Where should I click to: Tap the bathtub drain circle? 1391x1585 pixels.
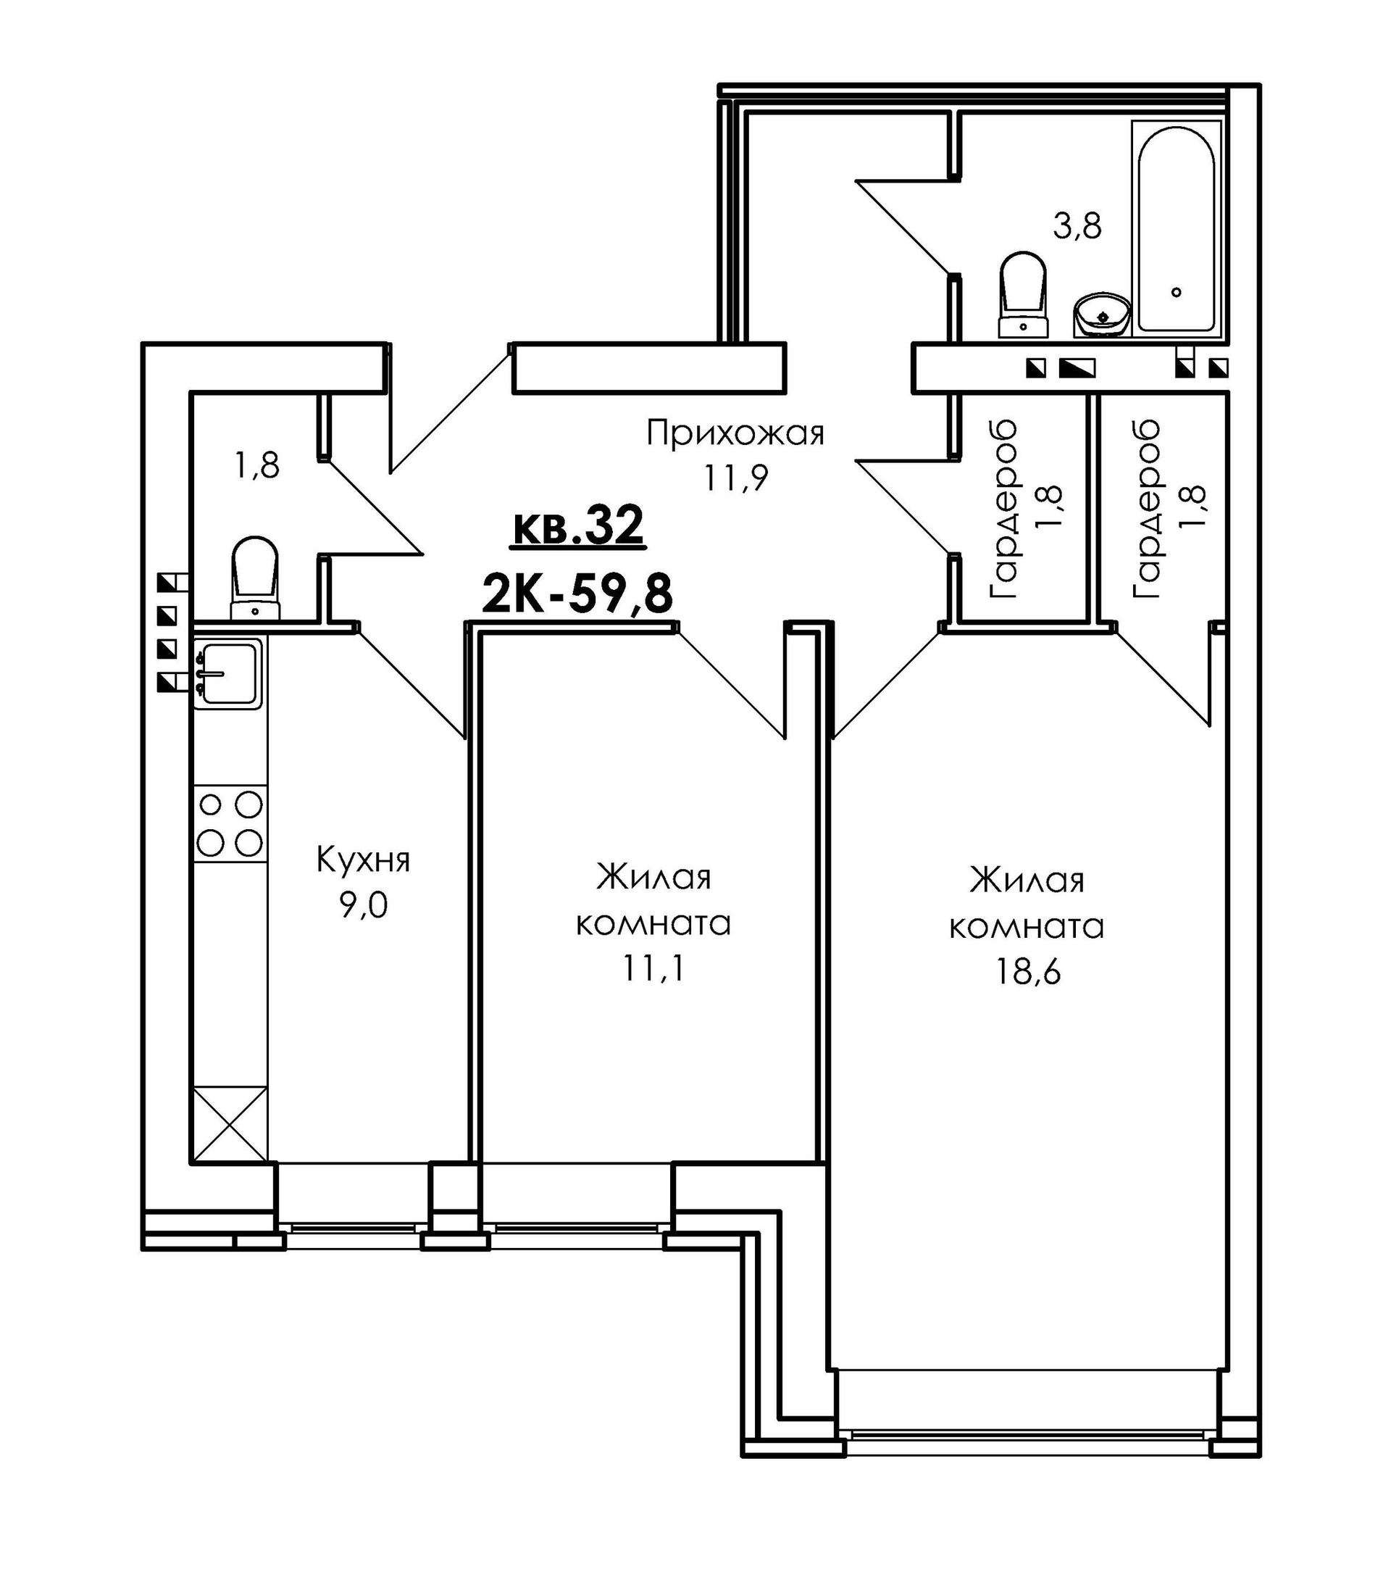[x=1177, y=292]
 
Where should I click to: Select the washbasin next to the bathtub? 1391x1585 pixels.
[x=1101, y=314]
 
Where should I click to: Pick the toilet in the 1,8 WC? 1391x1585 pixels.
[x=254, y=577]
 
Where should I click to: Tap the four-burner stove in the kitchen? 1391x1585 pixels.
[x=230, y=823]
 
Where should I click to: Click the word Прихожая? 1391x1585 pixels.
[x=735, y=433]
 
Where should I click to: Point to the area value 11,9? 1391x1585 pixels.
[x=735, y=479]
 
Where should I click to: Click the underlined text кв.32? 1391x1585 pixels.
[x=577, y=525]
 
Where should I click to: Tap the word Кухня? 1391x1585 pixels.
[x=363, y=861]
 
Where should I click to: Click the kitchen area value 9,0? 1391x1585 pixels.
[x=363, y=905]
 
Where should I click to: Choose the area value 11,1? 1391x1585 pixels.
[x=653, y=968]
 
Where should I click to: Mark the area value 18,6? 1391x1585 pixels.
[x=1027, y=972]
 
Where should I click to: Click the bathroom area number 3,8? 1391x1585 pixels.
[x=1078, y=226]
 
